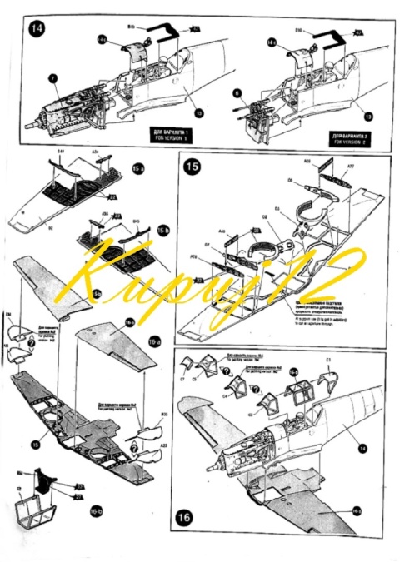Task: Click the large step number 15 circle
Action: point(192,167)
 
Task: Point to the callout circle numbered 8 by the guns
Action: point(237,93)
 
